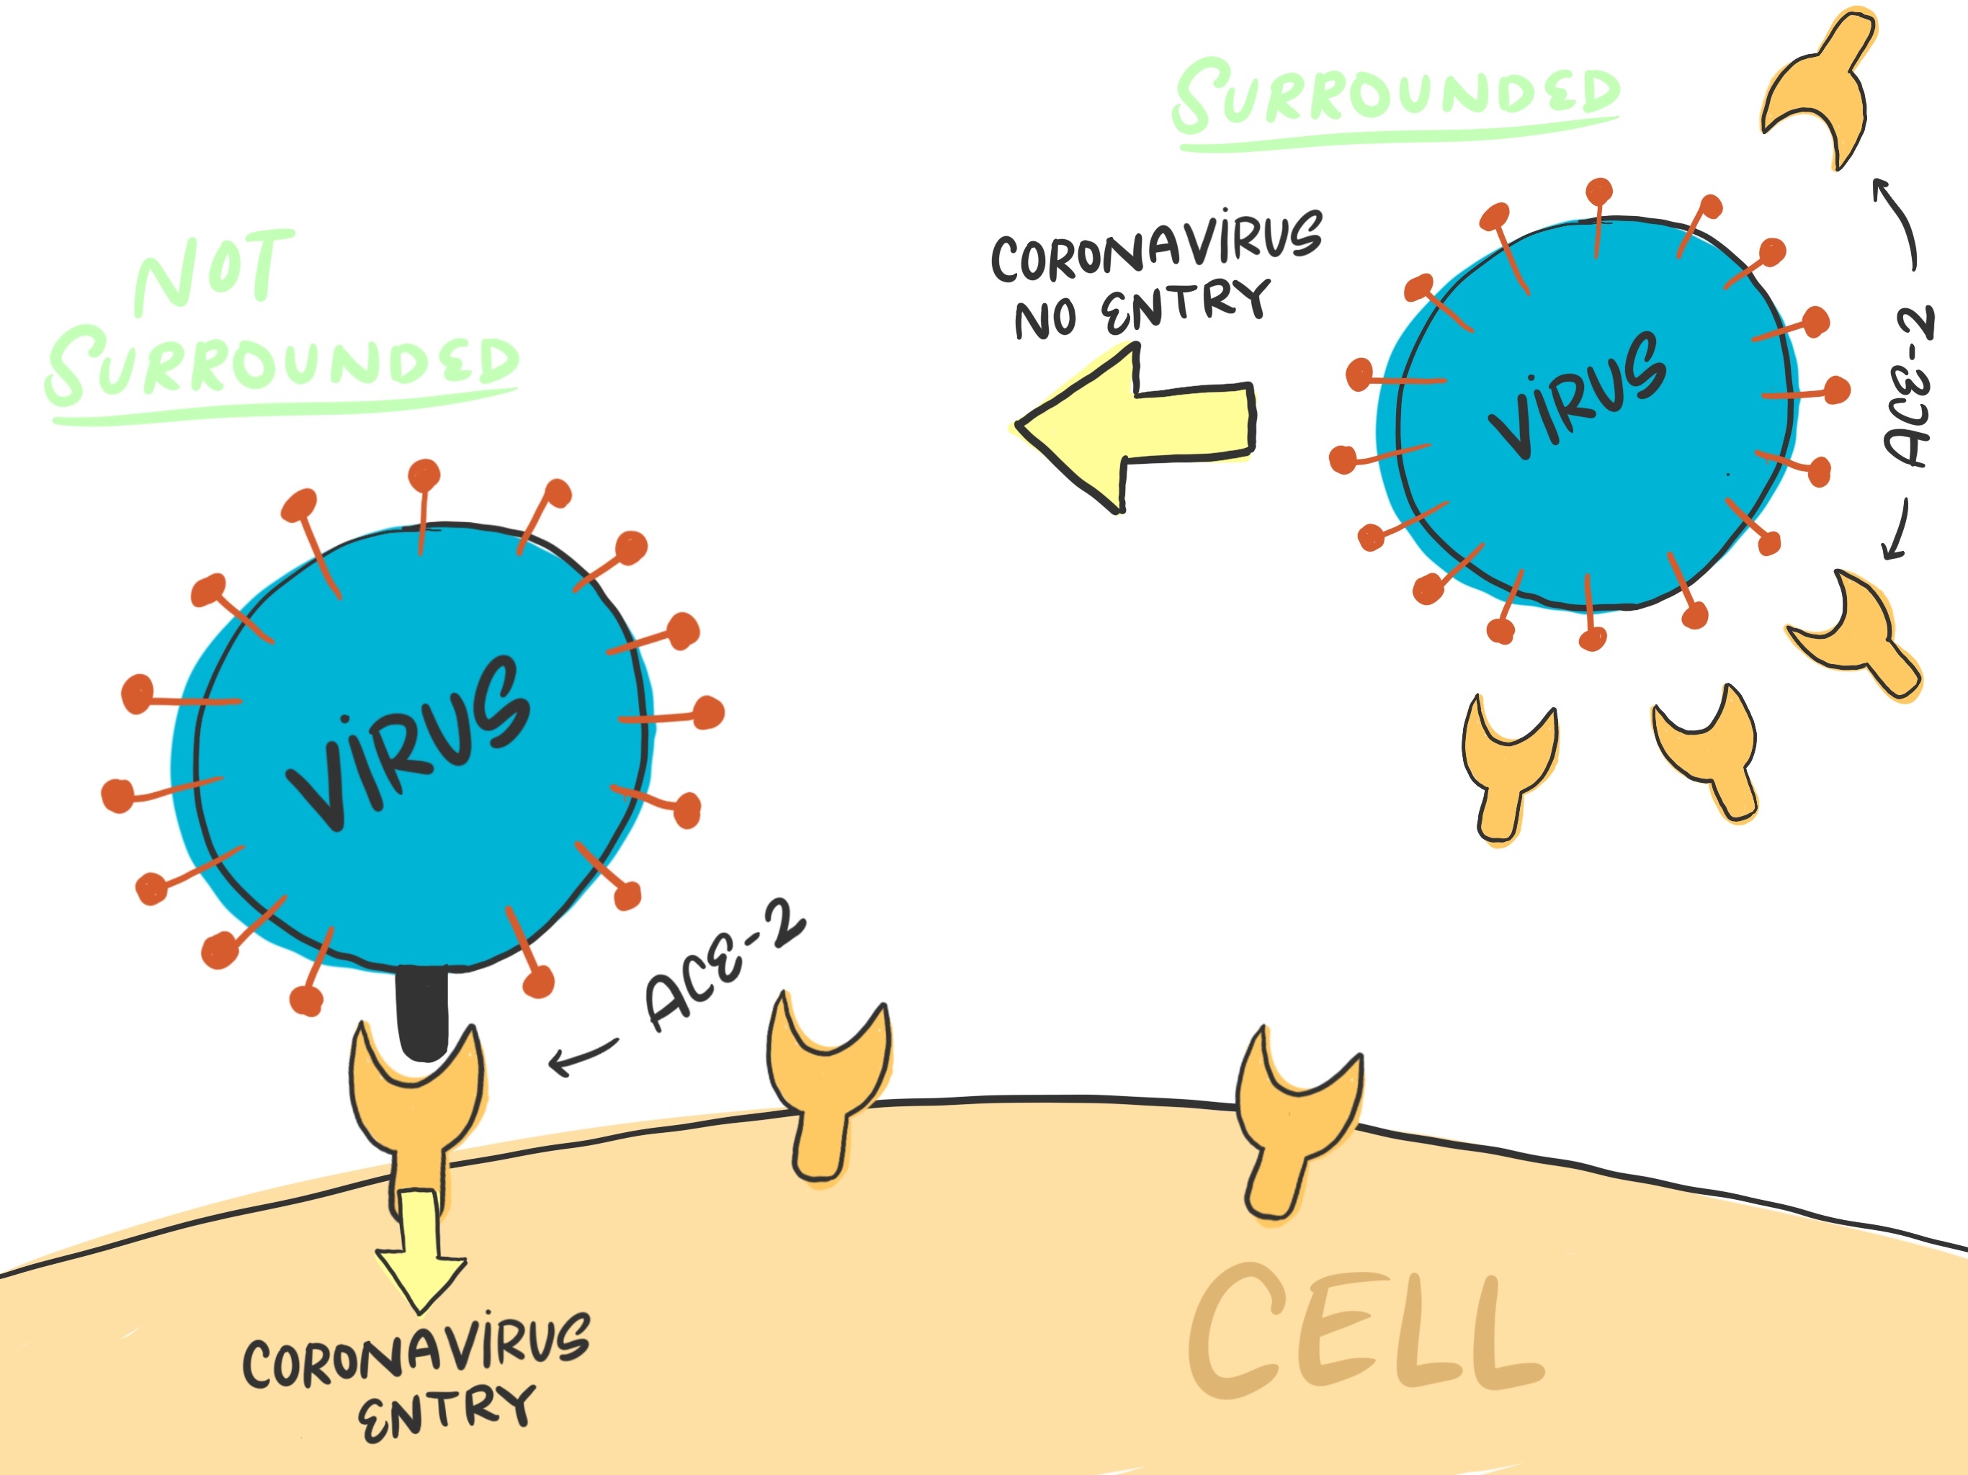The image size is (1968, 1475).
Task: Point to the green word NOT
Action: click(213, 272)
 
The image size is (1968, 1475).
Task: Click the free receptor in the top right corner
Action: click(1820, 89)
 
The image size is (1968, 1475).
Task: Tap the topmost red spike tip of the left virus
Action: click(424, 474)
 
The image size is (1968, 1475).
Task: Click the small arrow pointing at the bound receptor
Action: click(583, 1054)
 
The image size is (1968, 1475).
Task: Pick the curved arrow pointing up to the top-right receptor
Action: click(1900, 223)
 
